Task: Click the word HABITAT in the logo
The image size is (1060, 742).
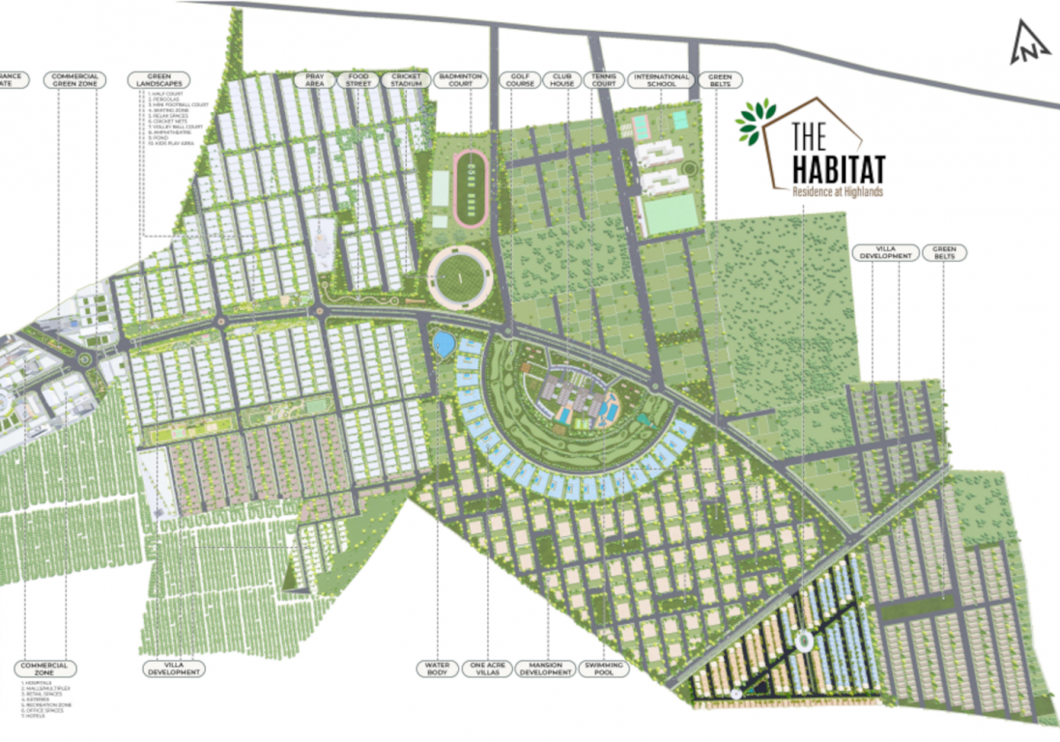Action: coord(838,169)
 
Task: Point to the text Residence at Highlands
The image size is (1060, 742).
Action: coord(837,191)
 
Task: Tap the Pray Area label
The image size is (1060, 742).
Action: coord(315,80)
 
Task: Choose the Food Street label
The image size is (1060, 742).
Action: coord(358,80)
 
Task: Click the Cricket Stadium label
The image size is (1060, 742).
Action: coord(407,80)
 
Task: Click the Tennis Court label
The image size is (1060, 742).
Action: coord(603,80)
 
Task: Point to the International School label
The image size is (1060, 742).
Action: coord(662,80)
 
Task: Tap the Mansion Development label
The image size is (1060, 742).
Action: coord(546,669)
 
